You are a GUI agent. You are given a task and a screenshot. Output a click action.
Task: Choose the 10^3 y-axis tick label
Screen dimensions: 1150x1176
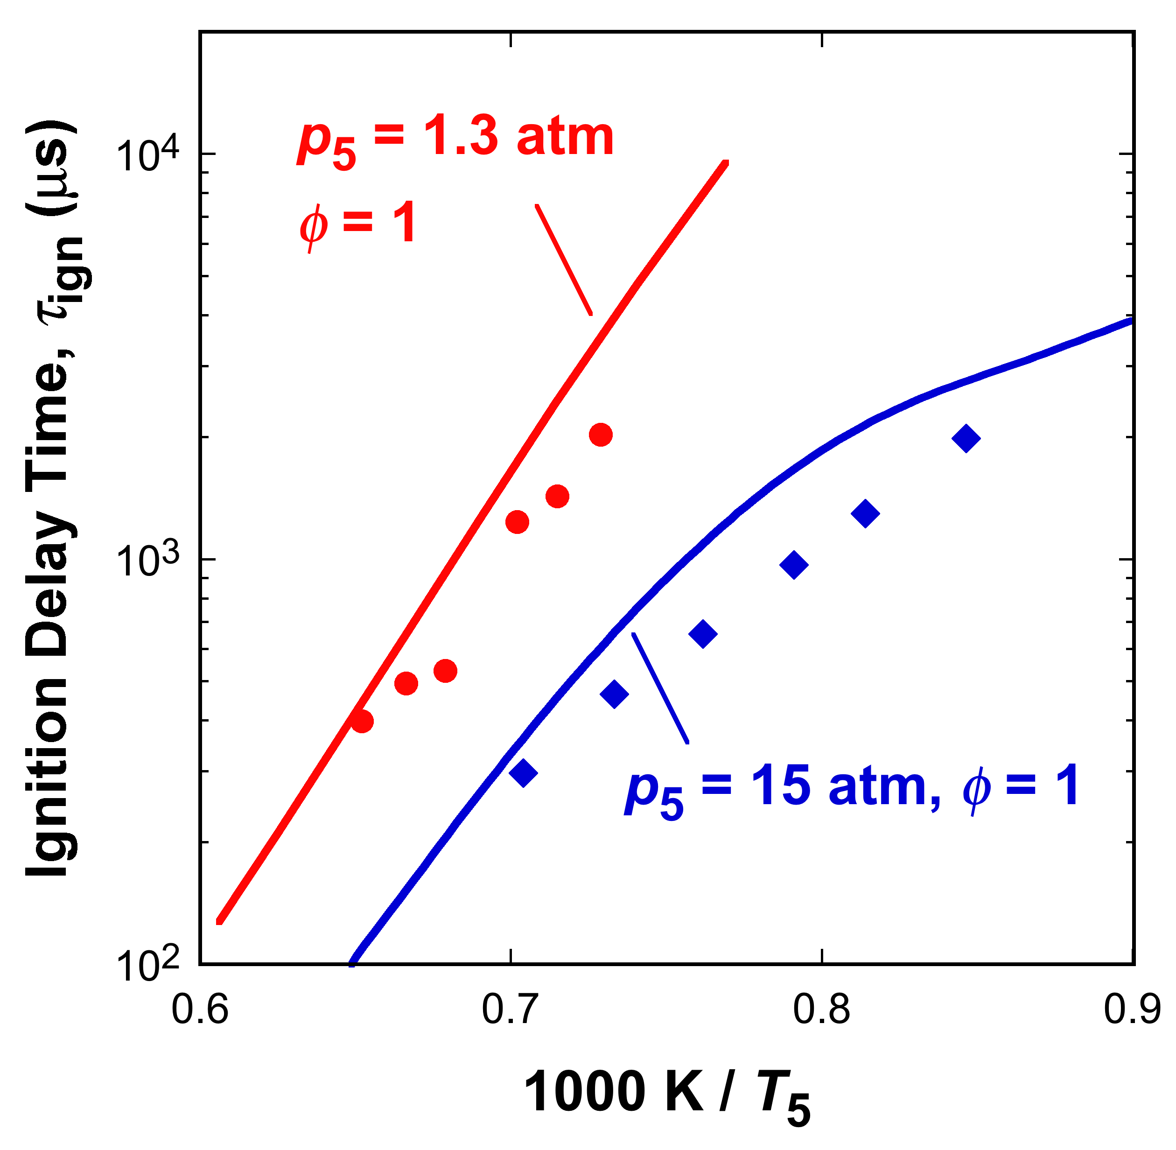148,561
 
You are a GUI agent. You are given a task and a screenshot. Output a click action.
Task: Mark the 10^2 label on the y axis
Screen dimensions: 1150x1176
148,965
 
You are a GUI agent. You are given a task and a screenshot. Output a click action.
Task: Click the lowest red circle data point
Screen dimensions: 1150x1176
362,721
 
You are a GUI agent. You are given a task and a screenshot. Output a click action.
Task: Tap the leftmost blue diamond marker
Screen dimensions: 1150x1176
523,772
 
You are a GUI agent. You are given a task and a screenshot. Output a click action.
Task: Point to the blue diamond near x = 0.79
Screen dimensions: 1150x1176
794,565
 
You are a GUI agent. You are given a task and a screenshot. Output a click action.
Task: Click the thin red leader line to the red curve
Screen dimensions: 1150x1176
564,259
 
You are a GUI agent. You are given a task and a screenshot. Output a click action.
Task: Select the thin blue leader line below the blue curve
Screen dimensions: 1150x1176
659,688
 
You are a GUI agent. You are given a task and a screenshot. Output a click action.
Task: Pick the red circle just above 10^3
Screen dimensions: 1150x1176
517,521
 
